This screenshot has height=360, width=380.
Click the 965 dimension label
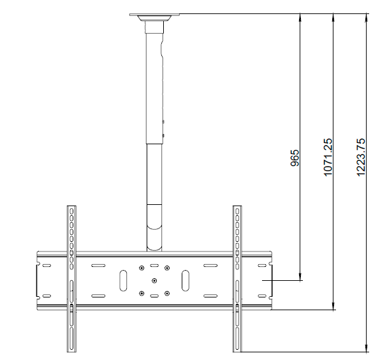click(295, 158)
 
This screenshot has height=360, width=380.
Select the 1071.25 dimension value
click(328, 158)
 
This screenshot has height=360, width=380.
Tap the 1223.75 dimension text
click(361, 158)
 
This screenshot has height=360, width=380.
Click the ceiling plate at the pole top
click(155, 14)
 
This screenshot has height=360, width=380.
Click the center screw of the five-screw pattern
click(154, 280)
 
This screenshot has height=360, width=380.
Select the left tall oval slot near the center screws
click(122, 280)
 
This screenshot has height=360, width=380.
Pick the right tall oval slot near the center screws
click(185, 280)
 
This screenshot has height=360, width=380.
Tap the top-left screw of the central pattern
click(141, 267)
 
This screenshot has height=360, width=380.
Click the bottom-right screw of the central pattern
click(166, 293)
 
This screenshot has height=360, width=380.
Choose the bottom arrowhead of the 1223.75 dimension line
click(367, 348)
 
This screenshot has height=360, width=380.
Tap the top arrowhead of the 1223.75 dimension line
click(367, 18)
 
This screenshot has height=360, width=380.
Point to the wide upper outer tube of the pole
click(155, 83)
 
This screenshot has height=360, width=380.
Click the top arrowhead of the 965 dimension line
click(302, 18)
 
